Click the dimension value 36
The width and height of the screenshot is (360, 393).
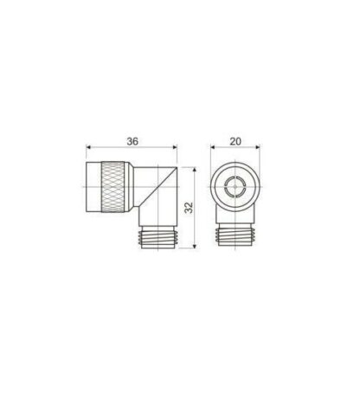[132, 141]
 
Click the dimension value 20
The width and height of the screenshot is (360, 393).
[235, 141]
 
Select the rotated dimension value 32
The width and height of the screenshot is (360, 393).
[189, 208]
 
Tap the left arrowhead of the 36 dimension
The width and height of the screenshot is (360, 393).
[88, 147]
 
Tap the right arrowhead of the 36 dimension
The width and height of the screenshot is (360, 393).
[175, 147]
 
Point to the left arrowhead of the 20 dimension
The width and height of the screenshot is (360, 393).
[213, 147]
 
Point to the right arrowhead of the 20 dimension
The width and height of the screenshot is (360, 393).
[258, 147]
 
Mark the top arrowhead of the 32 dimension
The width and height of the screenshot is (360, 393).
[195, 170]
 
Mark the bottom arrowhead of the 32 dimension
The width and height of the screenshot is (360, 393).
[195, 246]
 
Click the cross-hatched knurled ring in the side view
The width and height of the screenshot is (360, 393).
[112, 187]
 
